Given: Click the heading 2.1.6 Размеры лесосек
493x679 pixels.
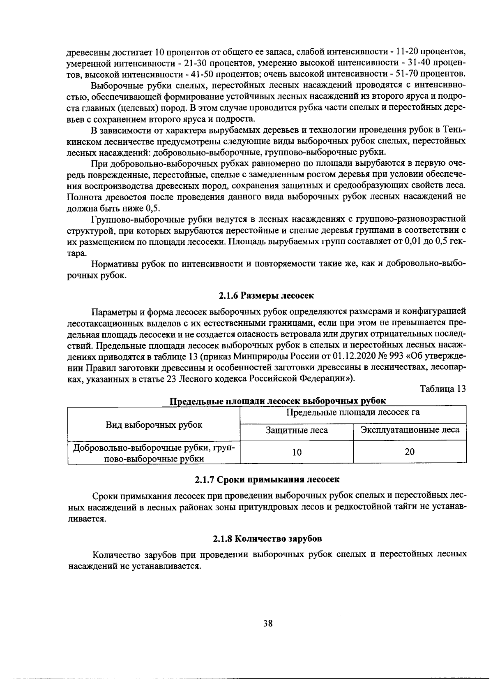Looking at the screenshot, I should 266,296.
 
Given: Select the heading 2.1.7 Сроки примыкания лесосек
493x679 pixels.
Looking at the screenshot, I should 267,480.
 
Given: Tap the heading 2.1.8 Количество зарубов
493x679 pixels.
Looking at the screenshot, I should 267,538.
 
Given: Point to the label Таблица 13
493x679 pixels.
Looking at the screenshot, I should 443,389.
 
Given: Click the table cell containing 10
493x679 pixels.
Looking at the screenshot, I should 297,452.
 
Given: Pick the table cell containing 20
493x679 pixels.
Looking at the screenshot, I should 410,452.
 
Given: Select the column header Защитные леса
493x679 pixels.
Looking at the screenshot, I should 297,431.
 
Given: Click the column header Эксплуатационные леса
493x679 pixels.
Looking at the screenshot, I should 410,430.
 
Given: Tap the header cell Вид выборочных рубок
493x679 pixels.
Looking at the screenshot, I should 154,425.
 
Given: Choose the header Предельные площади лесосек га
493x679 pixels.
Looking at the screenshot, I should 353,412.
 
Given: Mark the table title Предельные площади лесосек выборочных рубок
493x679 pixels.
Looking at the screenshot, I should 278,401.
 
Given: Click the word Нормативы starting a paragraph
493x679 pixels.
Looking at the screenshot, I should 115,264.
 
